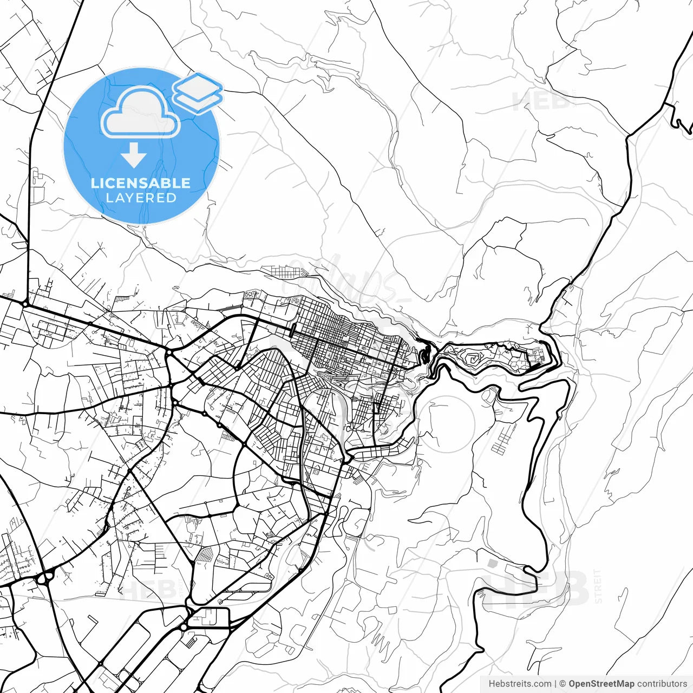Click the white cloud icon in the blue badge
coord(141,112)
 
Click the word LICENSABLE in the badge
coord(141,183)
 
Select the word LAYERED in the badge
coord(141,198)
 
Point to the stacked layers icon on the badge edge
coord(198,92)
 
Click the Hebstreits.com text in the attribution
coord(520,684)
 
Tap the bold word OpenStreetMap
coord(602,684)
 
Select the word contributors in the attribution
coord(662,684)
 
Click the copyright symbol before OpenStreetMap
coord(563,684)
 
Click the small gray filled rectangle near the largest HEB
coord(492,564)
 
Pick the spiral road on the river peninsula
coord(473,359)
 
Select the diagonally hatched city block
coord(206,554)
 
